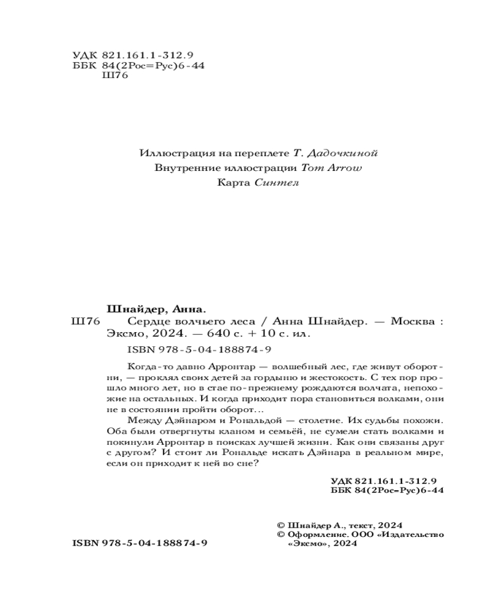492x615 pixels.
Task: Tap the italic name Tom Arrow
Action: pyautogui.click(x=325, y=167)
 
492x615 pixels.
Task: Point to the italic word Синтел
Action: pyautogui.click(x=276, y=183)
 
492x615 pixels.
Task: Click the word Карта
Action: pyautogui.click(x=234, y=183)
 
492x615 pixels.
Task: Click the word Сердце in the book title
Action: pyautogui.click(x=148, y=322)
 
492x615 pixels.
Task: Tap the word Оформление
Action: pyautogui.click(x=314, y=535)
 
